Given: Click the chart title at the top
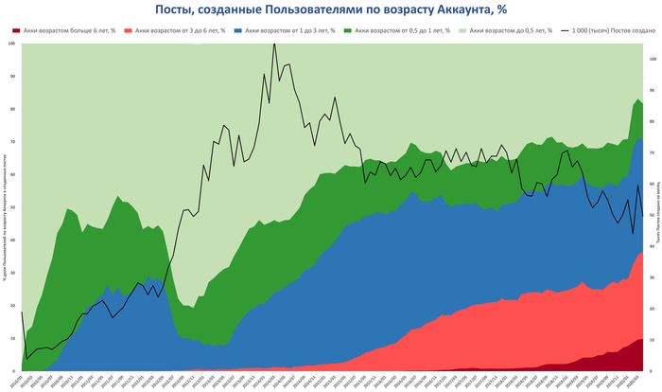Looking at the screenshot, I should [x=330, y=9].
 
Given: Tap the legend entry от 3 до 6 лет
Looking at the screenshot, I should [x=175, y=31].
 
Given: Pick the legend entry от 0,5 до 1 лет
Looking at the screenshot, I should [x=392, y=31].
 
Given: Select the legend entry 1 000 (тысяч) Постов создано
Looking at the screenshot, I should [x=604, y=31].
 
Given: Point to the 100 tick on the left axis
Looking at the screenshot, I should [x=11, y=44].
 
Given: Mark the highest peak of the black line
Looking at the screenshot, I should [x=274, y=44].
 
